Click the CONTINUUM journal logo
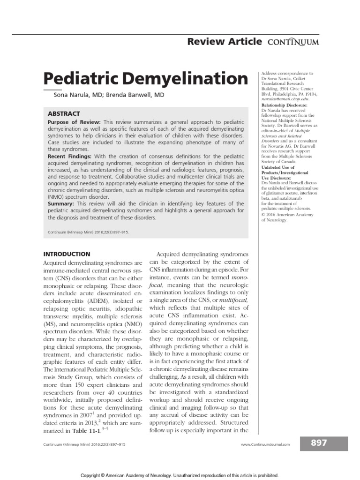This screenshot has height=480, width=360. coord(294,42)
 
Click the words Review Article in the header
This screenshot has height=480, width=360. coord(224,42)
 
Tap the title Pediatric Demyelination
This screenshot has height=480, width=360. coord(146,78)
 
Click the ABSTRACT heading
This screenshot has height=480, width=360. coord(64,113)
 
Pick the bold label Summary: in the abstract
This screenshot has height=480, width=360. coord(61,204)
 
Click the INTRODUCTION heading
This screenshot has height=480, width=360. coord(67,254)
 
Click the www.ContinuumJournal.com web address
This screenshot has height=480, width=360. coord(265,444)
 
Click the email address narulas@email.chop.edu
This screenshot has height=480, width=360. coord(285,99)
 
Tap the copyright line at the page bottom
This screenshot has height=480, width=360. coord(180,475)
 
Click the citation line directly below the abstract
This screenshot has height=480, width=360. coord(88,232)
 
